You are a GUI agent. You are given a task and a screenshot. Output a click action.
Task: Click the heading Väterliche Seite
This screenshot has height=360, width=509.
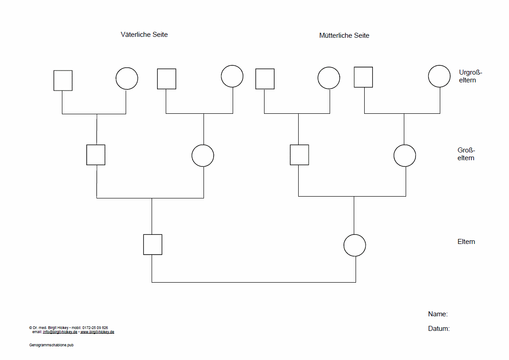point(144,35)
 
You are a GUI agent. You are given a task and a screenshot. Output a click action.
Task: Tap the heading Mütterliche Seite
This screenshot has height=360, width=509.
point(344,35)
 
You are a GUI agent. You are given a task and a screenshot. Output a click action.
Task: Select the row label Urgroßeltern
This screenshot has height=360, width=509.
point(470,76)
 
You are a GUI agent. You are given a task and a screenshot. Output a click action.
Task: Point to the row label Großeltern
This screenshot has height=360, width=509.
point(466,154)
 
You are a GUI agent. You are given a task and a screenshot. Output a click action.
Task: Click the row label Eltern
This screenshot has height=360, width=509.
point(466,242)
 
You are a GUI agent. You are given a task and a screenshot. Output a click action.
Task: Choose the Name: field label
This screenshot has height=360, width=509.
point(438,314)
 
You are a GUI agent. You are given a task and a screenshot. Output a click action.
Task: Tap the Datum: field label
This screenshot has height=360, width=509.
point(439,329)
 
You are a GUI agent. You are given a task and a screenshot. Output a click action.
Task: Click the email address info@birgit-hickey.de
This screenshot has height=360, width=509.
point(60,332)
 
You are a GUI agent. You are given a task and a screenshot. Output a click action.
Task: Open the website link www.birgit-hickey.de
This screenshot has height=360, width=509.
point(97,332)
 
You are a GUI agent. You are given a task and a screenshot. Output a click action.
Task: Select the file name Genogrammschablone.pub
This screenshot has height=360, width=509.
point(51,345)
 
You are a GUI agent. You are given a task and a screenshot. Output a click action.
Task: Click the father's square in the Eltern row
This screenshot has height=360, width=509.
point(153,244)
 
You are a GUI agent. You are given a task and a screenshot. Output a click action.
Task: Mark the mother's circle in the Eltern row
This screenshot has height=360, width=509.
point(355,245)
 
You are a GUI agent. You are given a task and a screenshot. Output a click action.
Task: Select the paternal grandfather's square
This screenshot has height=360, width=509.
point(96,155)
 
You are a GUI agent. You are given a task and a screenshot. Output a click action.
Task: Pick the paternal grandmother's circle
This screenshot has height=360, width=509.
point(203,156)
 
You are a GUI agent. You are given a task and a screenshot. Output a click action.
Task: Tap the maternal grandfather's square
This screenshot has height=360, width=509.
point(300,155)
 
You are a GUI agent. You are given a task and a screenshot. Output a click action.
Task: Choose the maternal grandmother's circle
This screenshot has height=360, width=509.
point(405,156)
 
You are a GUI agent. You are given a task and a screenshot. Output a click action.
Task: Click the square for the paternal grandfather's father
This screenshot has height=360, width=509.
point(63,81)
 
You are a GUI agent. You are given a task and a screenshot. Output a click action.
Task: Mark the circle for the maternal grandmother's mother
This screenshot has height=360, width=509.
point(439,76)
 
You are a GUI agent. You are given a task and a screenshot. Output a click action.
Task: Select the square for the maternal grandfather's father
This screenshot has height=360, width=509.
point(265,79)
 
